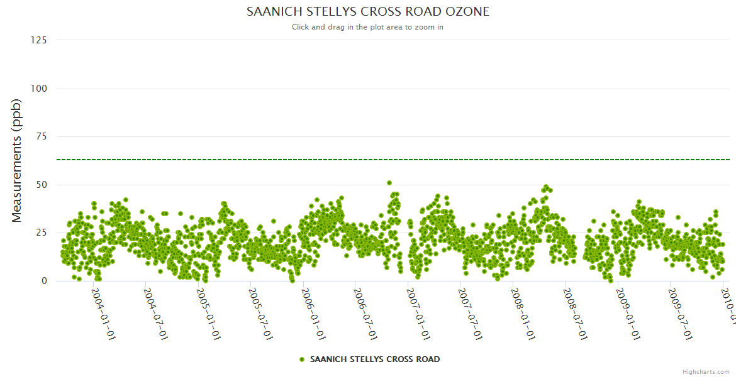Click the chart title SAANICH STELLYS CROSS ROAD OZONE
pos(367,12)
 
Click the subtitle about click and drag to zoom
pos(367,27)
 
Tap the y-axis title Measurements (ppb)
pos(17,160)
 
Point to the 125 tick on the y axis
pos(38,40)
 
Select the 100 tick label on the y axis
pos(38,89)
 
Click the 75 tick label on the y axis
pos(41,136)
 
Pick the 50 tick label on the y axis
pos(41,185)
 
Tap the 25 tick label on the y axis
pos(41,233)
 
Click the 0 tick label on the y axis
pos(43,281)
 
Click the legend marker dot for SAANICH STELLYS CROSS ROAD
pos(302,359)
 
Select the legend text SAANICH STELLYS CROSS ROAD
pos(375,359)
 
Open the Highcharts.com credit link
pos(706,371)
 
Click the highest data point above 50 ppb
pos(389,183)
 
